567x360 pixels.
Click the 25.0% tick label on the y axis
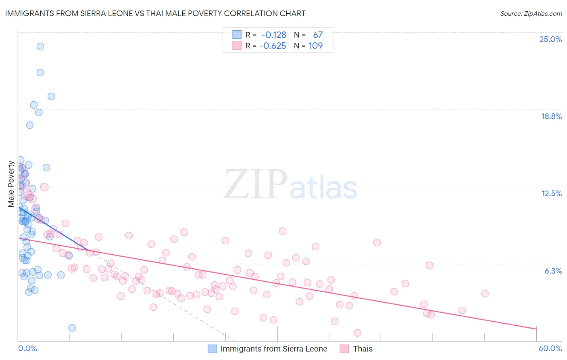(x=550, y=39)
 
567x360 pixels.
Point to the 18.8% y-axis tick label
(x=551, y=116)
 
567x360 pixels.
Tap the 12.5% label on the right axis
(x=551, y=193)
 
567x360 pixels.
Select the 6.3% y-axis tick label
(x=553, y=271)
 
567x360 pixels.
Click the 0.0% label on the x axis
(x=27, y=348)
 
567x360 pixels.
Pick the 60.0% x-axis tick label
(x=550, y=348)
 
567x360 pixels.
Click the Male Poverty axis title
(x=11, y=184)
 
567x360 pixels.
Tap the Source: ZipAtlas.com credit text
(x=531, y=13)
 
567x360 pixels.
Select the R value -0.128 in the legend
(x=273, y=35)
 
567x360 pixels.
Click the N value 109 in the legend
(x=315, y=46)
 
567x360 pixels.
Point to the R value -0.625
(x=273, y=46)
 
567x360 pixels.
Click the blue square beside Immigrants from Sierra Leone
(x=212, y=349)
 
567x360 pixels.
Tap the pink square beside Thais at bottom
(x=344, y=349)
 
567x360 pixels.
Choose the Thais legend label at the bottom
(x=363, y=349)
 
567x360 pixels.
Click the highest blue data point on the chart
(x=40, y=46)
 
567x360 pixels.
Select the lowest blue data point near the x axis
(x=72, y=328)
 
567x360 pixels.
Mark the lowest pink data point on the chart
(x=357, y=333)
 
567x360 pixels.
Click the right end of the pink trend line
(x=536, y=329)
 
